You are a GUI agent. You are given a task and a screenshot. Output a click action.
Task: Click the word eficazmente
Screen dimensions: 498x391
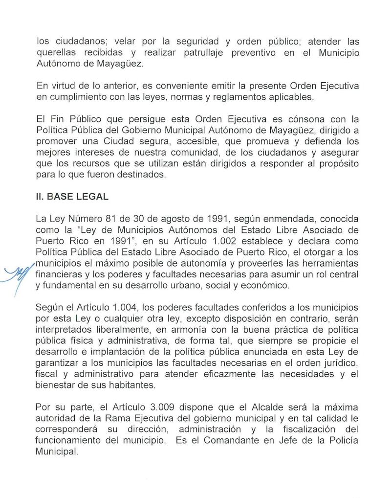tap(243, 374)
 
